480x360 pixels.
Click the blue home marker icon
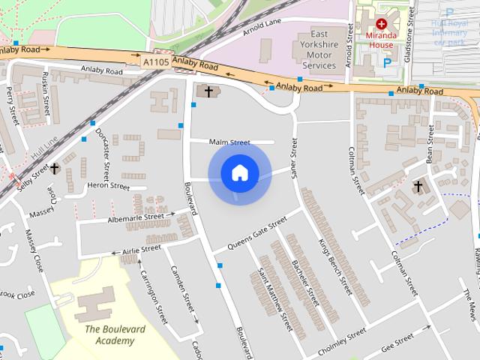[x=239, y=174]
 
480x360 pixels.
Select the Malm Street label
[x=229, y=142]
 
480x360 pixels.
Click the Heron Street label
[x=109, y=185]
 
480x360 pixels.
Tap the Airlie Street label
[x=141, y=248]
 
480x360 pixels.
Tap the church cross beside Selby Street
[x=55, y=169]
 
